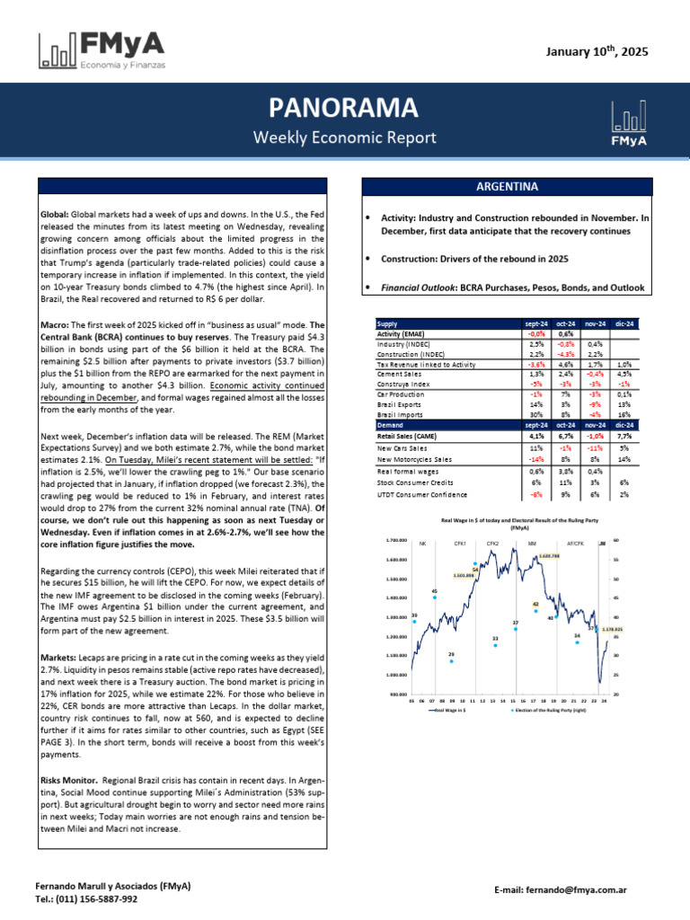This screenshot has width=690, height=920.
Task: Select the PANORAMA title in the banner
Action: (344, 108)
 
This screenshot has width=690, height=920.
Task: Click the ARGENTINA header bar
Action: (507, 187)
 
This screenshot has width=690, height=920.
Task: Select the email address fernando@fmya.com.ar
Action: (572, 889)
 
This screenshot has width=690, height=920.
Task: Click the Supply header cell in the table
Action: (387, 323)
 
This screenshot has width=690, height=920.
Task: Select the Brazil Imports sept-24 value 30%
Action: (536, 415)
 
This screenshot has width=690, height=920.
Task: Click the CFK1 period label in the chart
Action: (459, 544)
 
